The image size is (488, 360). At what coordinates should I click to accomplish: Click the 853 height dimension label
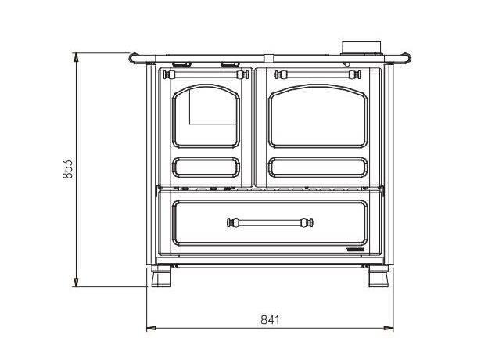click(67, 169)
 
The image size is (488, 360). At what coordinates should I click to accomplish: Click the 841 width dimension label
click(270, 320)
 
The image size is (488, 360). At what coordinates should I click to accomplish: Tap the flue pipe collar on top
click(361, 47)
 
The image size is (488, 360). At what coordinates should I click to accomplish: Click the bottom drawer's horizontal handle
click(270, 223)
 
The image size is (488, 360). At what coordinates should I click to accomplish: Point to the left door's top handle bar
click(206, 75)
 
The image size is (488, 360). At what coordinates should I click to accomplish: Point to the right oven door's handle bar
click(318, 75)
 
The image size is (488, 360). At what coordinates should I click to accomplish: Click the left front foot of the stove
click(161, 276)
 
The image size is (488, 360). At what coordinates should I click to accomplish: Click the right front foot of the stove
click(379, 276)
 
